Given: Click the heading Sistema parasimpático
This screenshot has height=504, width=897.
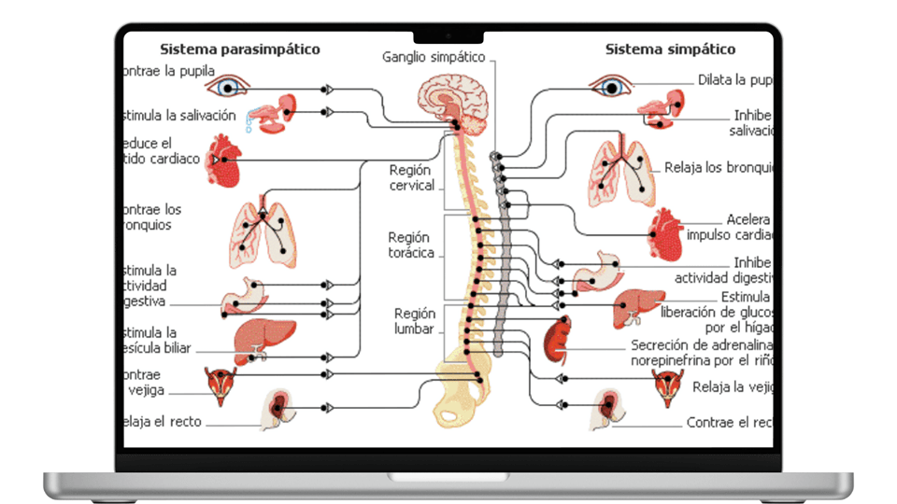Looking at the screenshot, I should [x=240, y=49].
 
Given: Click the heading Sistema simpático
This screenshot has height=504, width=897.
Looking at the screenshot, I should [x=670, y=49].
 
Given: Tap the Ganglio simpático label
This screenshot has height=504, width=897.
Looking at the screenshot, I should [x=434, y=57].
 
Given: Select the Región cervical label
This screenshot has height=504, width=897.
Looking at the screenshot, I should [x=412, y=178].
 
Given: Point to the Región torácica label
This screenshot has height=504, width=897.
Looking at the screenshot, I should [x=411, y=245].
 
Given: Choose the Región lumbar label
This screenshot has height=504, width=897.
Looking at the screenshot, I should [x=414, y=322].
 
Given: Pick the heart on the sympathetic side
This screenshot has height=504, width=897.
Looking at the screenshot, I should [x=667, y=236].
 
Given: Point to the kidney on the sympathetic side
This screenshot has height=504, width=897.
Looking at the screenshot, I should [x=558, y=340].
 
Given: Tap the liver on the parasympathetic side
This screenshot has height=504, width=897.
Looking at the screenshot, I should [x=262, y=340].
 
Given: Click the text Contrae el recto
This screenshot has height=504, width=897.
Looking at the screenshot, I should [x=730, y=423].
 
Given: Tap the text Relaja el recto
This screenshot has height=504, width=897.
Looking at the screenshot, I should [x=161, y=422].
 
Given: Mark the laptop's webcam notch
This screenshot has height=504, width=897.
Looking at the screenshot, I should [x=448, y=35].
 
